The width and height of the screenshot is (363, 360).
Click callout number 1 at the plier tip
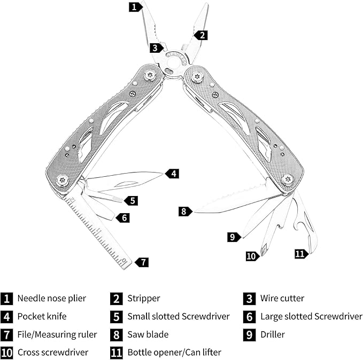[x=135, y=7]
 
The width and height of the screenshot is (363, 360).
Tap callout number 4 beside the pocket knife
[x=172, y=173]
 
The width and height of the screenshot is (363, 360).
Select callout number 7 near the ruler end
[x=142, y=262]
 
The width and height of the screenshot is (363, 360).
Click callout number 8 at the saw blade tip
[x=185, y=212]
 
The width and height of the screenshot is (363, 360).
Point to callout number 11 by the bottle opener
[x=301, y=254]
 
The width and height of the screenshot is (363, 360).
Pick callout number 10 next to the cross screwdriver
[x=252, y=256]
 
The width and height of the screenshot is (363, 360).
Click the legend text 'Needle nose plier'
[x=51, y=299]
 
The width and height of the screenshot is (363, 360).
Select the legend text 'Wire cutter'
[x=282, y=299]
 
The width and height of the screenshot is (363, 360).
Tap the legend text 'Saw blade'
[x=148, y=334]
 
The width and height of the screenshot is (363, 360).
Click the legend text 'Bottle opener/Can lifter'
[x=174, y=353]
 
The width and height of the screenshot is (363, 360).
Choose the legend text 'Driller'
[x=273, y=334]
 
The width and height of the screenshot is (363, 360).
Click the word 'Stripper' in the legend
[x=143, y=299]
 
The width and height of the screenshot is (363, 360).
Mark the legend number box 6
[x=249, y=317]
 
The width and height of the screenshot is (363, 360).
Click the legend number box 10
[x=7, y=353]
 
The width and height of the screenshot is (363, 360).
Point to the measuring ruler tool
[x=99, y=232]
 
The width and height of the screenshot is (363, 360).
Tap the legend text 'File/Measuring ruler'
[x=57, y=334]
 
